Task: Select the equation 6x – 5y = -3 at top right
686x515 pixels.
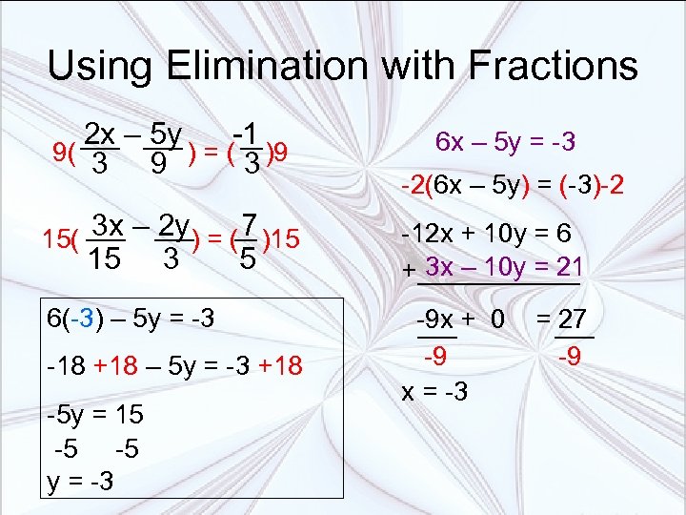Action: [x=505, y=142]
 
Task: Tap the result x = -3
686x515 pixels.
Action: [x=434, y=391]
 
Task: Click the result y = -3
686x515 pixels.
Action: [x=81, y=481]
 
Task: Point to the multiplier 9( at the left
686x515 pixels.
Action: [x=65, y=152]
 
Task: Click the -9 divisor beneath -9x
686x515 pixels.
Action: [x=436, y=358]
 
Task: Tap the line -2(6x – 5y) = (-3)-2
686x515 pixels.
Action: [x=513, y=185]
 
